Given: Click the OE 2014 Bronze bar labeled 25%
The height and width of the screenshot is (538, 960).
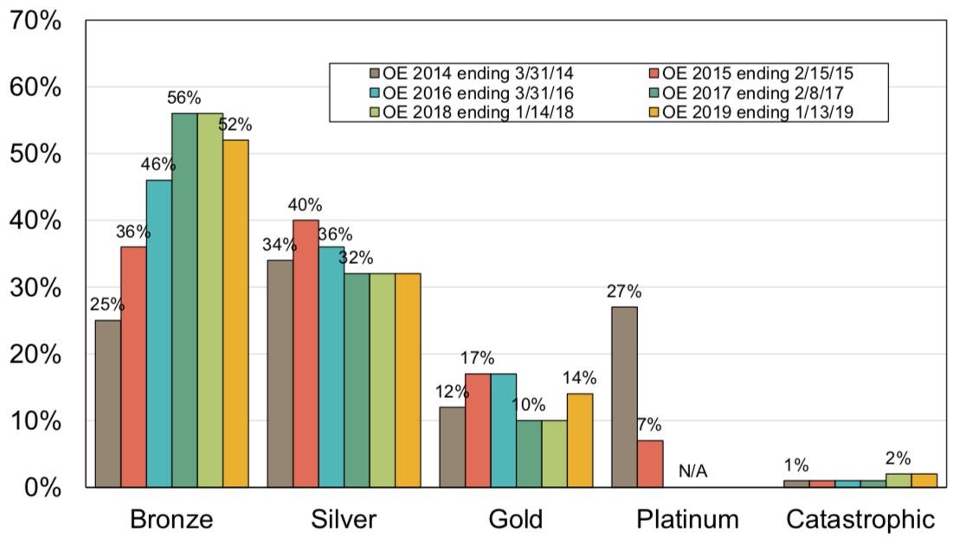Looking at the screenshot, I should click(108, 403).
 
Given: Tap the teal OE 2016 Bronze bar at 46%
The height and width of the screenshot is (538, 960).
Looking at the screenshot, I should click(159, 333).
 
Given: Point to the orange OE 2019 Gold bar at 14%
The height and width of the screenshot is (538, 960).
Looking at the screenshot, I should click(580, 439).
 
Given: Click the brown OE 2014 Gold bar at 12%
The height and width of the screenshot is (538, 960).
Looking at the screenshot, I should click(452, 446).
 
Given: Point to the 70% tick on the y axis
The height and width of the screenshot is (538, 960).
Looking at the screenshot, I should click(36, 21).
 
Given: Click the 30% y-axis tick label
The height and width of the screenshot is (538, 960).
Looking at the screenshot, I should click(36, 287).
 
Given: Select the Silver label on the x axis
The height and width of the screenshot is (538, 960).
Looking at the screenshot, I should click(344, 519).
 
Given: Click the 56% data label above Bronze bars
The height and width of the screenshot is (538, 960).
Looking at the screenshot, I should click(184, 97).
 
